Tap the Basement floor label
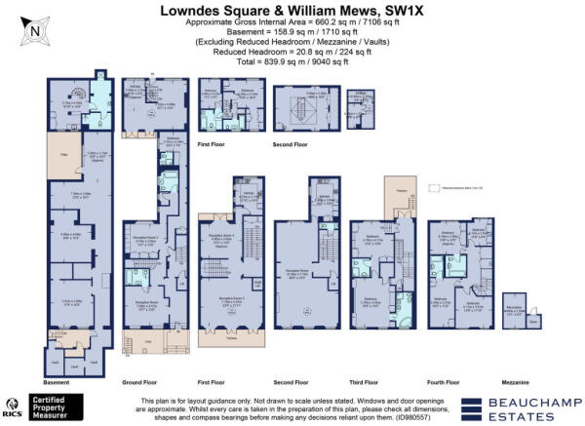click(57, 382)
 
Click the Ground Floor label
click(136, 382)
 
